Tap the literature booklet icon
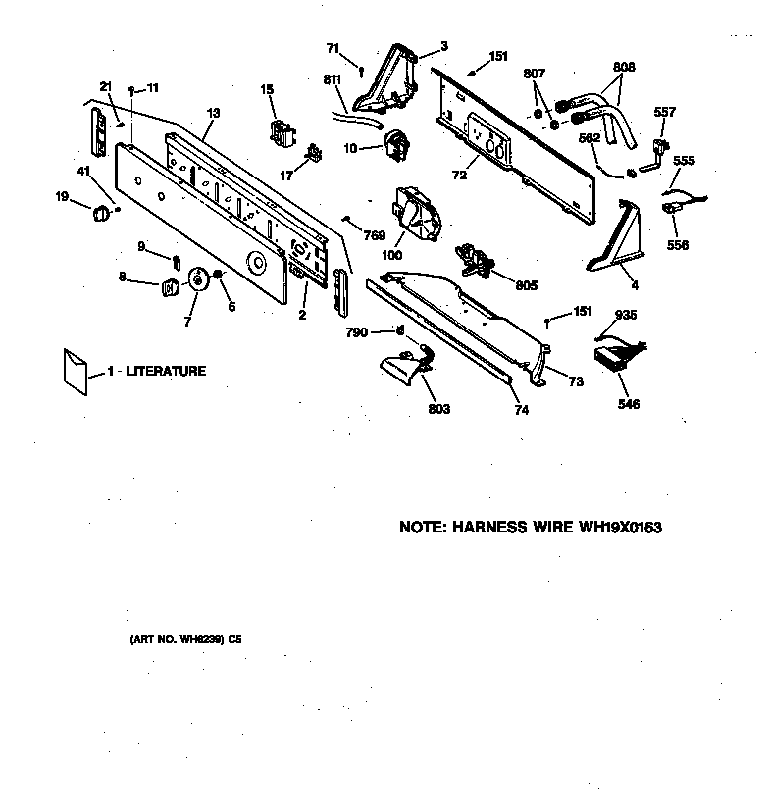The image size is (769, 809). (x=75, y=371)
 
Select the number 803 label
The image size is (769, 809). (x=438, y=409)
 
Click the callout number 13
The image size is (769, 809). (x=212, y=114)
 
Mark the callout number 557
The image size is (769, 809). (x=664, y=112)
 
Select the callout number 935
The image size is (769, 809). (x=626, y=315)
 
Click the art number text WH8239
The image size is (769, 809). (x=195, y=639)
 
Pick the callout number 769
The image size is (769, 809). (x=374, y=235)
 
